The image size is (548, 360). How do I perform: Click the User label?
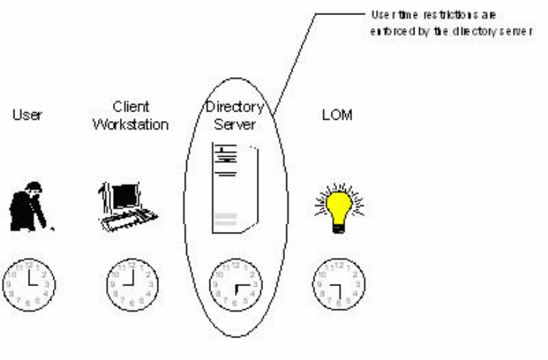point(27,115)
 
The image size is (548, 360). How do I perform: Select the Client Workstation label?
point(131,115)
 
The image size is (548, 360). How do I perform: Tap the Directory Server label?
point(234,115)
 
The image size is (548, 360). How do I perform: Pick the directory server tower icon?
point(235,188)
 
